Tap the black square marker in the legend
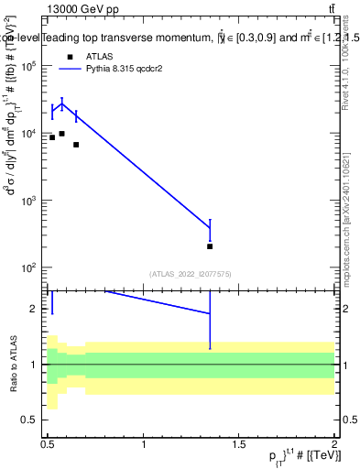pyautogui.click(x=70, y=56)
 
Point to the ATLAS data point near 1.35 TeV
pyautogui.click(x=211, y=246)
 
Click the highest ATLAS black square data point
pyautogui.click(x=61, y=134)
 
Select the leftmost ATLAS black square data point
pyautogui.click(x=52, y=137)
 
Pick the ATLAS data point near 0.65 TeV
pyautogui.click(x=76, y=145)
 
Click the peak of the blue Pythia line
pyautogui.click(x=61, y=104)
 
